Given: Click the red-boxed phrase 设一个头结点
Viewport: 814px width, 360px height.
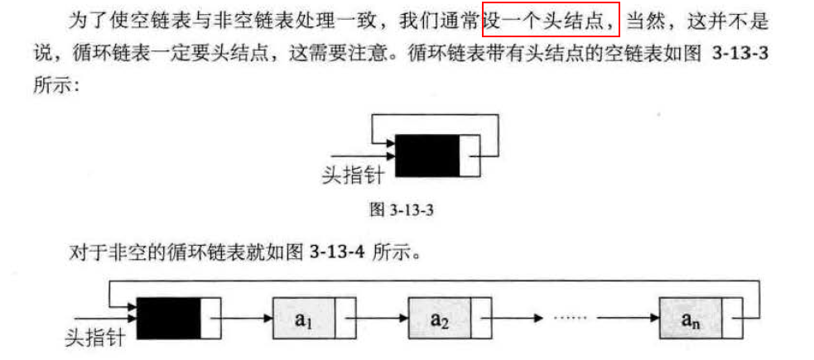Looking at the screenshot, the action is click(x=551, y=19).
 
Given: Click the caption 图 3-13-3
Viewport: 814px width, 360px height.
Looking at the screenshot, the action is click(x=402, y=210).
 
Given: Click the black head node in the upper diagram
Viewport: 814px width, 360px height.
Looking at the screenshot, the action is click(x=427, y=155).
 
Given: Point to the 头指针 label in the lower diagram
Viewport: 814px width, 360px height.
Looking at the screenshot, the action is click(x=96, y=338).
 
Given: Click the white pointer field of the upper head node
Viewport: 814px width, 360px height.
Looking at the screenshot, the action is click(x=469, y=155).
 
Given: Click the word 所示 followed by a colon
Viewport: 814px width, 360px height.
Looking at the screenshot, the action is click(x=51, y=86).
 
